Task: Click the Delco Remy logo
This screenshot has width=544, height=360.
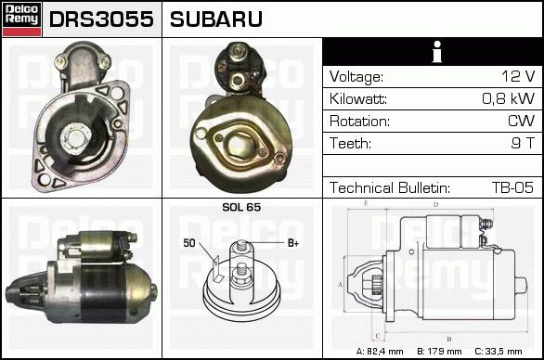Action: pyautogui.click(x=22, y=19)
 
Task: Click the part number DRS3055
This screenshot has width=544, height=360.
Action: pyautogui.click(x=101, y=19)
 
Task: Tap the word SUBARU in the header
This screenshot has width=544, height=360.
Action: pyautogui.click(x=216, y=19)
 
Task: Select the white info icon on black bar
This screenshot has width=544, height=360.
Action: pyautogui.click(x=437, y=52)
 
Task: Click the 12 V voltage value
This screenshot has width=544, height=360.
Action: pyautogui.click(x=518, y=76)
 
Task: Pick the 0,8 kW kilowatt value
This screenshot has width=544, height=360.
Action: pyautogui.click(x=509, y=98)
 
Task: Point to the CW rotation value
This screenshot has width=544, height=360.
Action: pyautogui.click(x=521, y=121)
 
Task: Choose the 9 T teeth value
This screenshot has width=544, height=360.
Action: pyautogui.click(x=524, y=143)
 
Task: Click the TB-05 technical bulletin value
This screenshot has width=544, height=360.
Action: pyautogui.click(x=512, y=187)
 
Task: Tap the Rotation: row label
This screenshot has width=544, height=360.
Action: pyautogui.click(x=359, y=121)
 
